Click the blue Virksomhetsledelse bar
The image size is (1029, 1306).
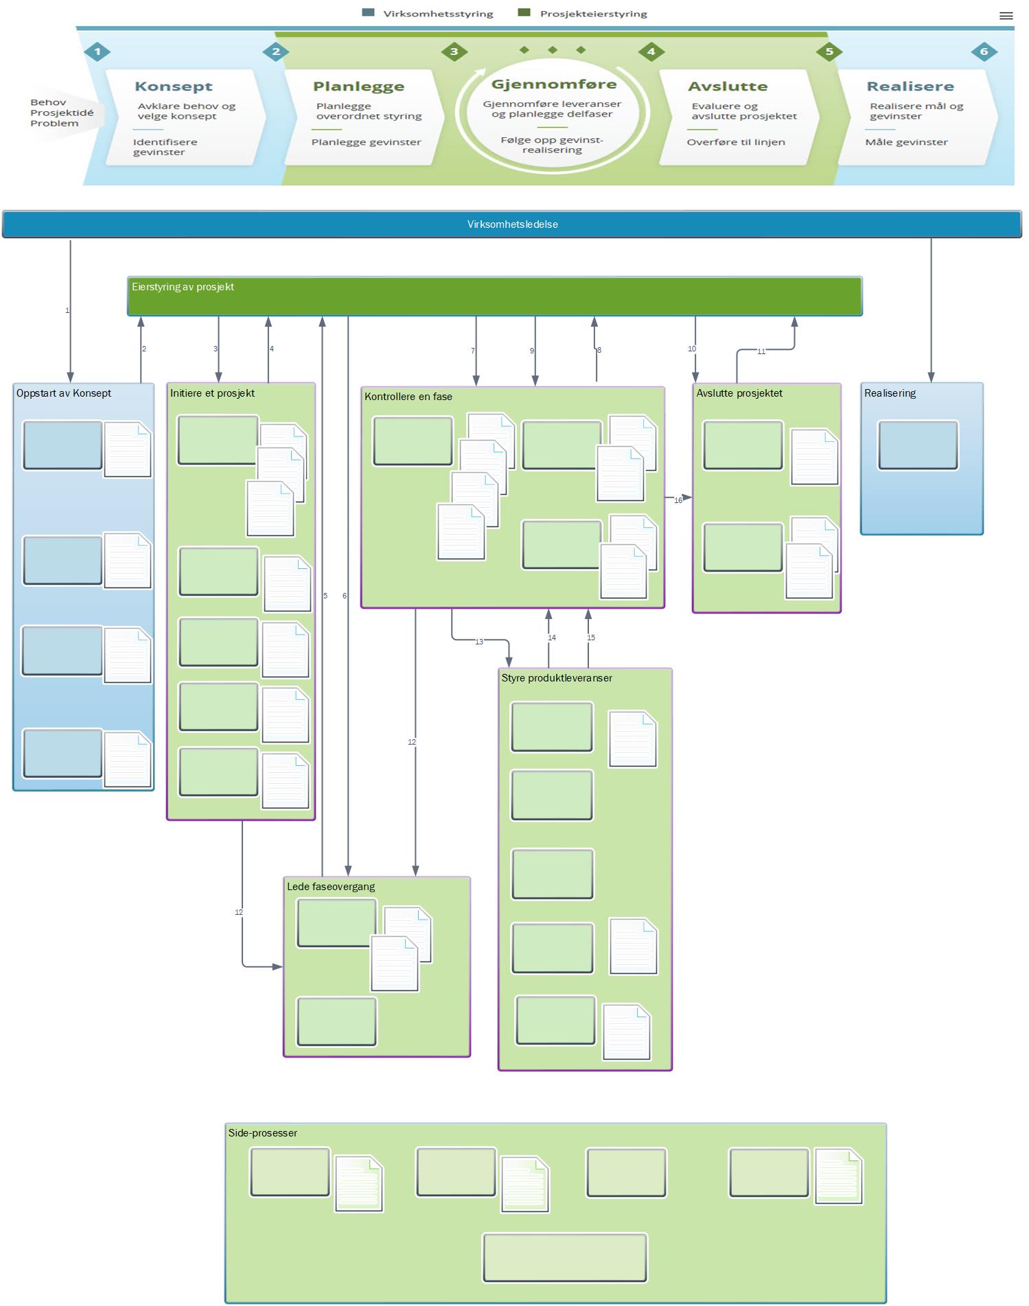point(512,224)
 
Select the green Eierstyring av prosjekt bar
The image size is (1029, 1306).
point(494,296)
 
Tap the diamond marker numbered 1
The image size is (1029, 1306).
point(97,51)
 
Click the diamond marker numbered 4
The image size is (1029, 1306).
point(651,51)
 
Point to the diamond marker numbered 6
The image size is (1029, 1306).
point(984,51)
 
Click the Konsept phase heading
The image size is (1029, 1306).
point(174,86)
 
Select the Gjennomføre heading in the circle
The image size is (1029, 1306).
point(553,84)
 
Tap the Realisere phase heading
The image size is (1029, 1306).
point(910,86)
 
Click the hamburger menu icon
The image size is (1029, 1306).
point(1006,16)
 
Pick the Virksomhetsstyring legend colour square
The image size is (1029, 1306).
point(368,12)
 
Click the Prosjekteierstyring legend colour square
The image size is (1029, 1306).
point(524,12)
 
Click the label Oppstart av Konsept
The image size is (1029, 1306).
point(64,393)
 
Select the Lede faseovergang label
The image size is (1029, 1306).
point(331,887)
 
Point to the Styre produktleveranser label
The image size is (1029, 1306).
point(557,678)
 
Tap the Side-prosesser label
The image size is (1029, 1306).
point(263,1133)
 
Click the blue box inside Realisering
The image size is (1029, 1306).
point(918,445)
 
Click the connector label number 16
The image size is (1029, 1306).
point(678,500)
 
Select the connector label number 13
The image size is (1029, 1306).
point(479,642)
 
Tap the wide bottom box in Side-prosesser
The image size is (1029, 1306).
point(565,1257)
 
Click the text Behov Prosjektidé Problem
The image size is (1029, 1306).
point(62,113)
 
